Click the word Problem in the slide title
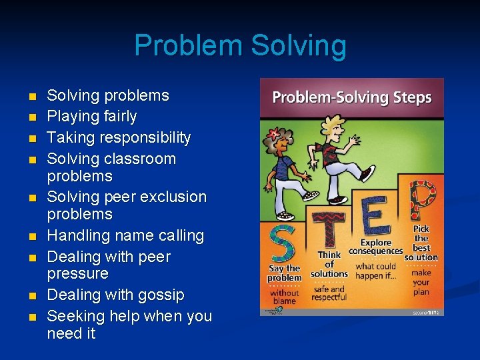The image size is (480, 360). click(189, 46)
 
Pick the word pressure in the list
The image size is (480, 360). click(77, 274)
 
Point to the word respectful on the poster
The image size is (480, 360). click(329, 298)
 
